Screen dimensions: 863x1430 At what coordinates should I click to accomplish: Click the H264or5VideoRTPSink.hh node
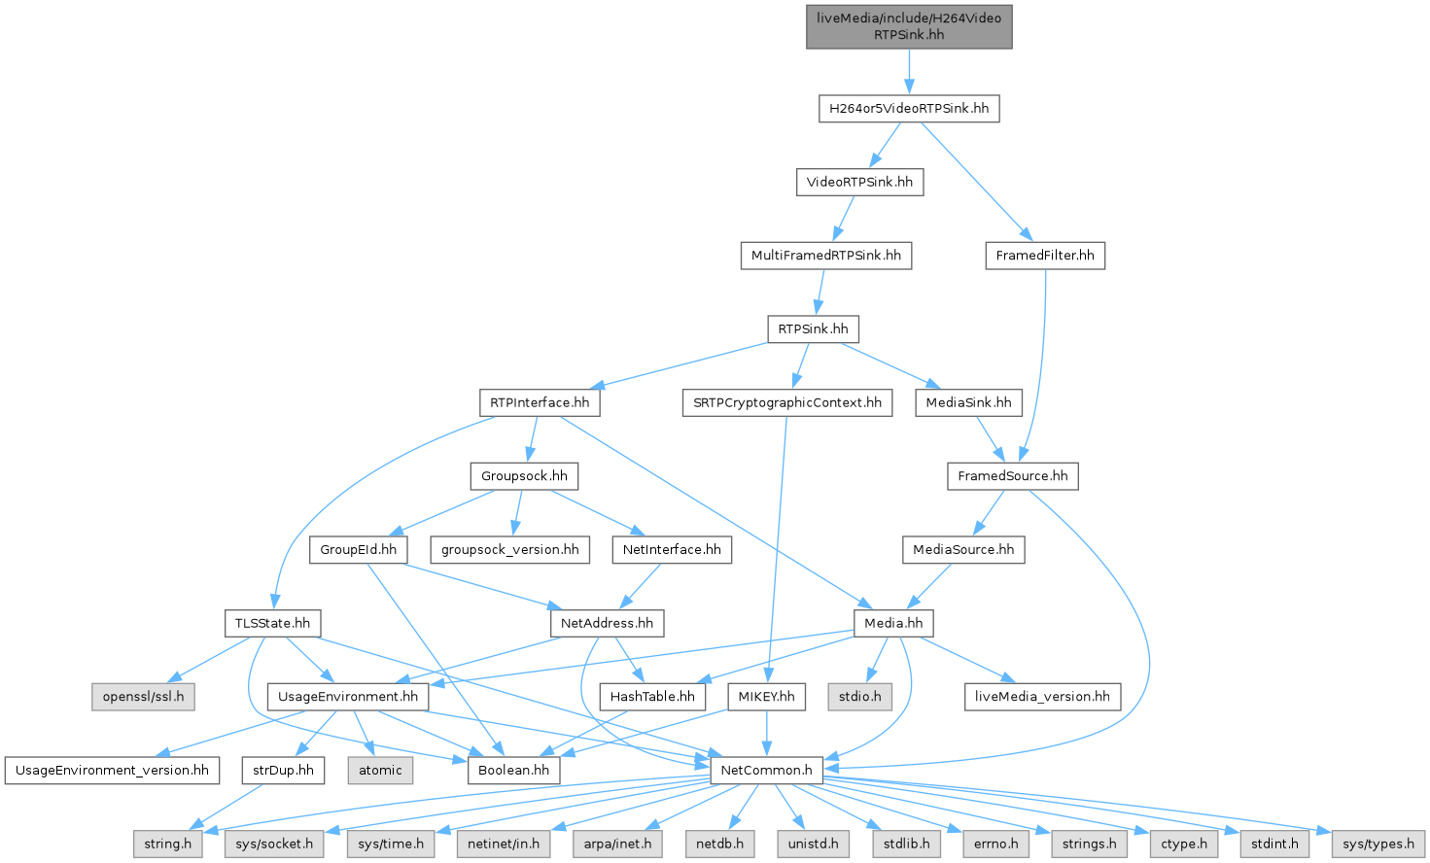coord(908,108)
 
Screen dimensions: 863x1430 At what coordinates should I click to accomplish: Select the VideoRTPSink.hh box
coord(859,182)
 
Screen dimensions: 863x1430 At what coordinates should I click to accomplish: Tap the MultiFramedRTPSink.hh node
coord(825,256)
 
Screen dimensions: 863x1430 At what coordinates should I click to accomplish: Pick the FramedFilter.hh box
coord(1045,256)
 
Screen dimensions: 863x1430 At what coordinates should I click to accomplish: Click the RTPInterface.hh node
coord(540,402)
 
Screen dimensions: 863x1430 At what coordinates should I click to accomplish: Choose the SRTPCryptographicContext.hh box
coord(787,402)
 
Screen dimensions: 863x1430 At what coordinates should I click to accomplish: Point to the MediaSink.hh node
coord(968,402)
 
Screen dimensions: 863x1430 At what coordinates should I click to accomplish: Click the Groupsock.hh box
coord(524,476)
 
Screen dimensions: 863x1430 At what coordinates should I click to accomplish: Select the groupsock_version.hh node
coord(509,550)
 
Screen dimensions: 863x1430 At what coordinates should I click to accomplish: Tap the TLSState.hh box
coord(272,623)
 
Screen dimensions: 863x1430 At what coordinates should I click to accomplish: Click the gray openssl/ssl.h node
coord(143,697)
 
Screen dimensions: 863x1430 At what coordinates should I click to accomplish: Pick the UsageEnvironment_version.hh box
coord(112,771)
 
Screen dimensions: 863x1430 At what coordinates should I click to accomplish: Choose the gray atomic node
coord(380,771)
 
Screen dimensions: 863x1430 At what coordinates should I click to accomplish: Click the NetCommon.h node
coord(767,771)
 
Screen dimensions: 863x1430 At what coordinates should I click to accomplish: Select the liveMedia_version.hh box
coord(1042,697)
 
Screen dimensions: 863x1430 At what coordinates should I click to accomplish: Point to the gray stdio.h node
coord(860,697)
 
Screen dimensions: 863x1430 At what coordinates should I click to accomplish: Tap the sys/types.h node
coord(1378,844)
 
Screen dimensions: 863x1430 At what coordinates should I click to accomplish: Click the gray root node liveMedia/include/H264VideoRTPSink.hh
coord(909,26)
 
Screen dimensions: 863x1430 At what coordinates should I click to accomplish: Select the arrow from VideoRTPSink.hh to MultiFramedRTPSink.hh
coord(844,219)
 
